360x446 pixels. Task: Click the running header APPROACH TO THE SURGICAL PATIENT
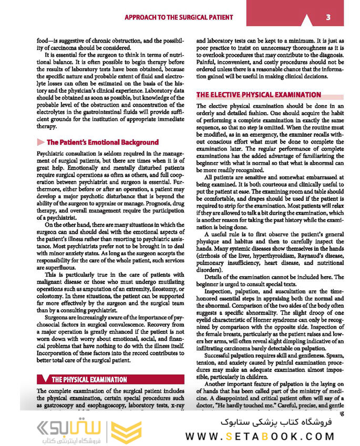[x=178, y=17]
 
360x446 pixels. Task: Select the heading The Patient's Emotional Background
[x=102, y=142]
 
